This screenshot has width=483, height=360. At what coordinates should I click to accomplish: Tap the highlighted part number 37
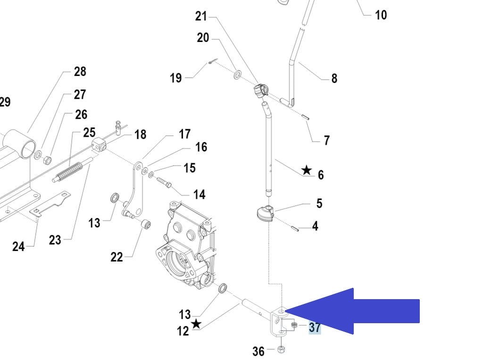(315, 327)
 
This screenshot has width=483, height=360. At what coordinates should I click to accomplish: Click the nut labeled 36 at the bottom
(281, 349)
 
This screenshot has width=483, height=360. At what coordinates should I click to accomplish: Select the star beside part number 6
(307, 170)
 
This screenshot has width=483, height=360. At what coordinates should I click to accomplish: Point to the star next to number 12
(196, 324)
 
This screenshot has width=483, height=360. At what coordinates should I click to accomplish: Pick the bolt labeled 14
(162, 182)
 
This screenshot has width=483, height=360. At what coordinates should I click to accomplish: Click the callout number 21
(201, 16)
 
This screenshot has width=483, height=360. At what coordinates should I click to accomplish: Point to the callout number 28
(80, 71)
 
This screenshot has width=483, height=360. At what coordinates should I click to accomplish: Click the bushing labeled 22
(146, 224)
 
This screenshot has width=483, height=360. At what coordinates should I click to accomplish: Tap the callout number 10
(381, 15)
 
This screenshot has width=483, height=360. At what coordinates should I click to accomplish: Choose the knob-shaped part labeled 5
(265, 213)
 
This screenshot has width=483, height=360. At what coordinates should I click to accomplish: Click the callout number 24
(18, 246)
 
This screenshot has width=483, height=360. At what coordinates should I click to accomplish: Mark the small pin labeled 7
(306, 115)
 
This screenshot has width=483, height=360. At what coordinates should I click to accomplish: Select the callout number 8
(334, 78)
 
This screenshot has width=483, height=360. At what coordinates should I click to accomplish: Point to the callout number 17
(184, 134)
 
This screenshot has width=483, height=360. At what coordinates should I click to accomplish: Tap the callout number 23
(55, 240)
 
